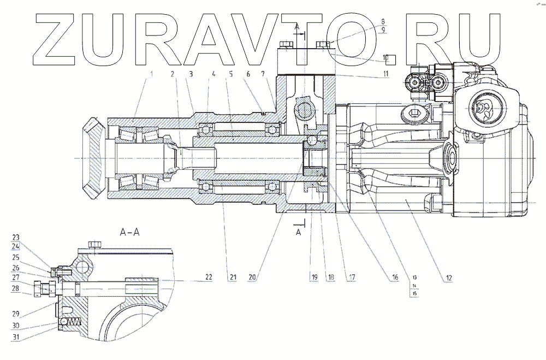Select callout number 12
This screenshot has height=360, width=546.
448,278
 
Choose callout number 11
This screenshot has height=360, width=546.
385,73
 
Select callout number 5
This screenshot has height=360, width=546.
232,74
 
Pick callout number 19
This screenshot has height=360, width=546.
314,278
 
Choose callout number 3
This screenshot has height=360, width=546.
191,74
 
